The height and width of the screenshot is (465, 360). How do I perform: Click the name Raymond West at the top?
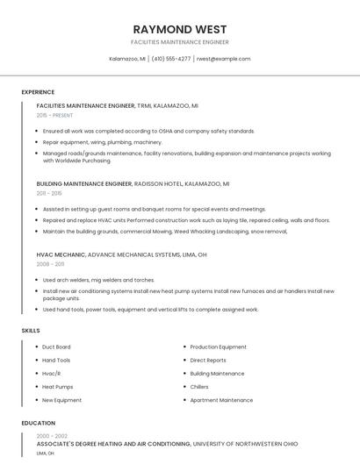coord(179,28)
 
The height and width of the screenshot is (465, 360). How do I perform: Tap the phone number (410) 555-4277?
coord(171,59)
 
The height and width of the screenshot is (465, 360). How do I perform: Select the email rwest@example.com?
coord(224,59)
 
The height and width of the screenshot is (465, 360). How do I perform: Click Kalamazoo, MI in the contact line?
coord(127,59)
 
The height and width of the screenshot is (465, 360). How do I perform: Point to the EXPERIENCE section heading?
coord(38,92)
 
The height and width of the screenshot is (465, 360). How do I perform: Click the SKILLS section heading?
coord(30,330)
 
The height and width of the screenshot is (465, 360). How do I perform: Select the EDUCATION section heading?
coord(38,423)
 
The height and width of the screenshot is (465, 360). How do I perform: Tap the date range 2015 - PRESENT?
coord(54,115)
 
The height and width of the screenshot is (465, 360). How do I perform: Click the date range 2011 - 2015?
coord(49,193)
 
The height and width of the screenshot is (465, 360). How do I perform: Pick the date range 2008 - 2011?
coord(50,263)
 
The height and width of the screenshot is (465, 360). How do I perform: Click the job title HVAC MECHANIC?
coord(61,254)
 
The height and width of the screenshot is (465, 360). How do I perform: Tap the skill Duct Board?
coord(56,347)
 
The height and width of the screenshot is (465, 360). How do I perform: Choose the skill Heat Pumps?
coord(58,386)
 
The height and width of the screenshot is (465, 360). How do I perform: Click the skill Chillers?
coord(199,386)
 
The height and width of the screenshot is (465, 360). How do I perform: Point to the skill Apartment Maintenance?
coord(221,400)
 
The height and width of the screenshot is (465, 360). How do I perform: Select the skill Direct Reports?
coord(208,360)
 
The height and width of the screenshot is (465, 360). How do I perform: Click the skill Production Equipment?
coord(219,347)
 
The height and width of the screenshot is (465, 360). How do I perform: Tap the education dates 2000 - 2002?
coord(52,436)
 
